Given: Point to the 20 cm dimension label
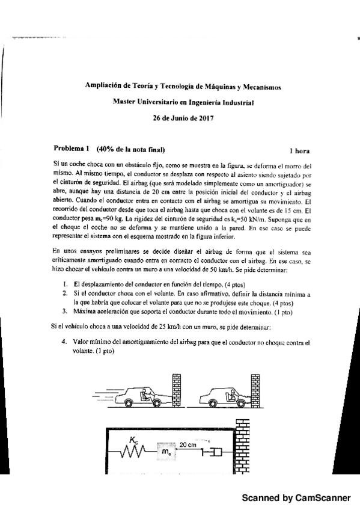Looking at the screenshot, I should [188, 444].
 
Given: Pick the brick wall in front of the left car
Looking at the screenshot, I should [176, 389].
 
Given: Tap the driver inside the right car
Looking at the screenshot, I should [231, 393].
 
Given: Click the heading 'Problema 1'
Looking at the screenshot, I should [71, 149].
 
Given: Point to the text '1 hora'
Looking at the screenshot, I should [299, 150].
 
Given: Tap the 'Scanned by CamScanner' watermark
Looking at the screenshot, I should [296, 498].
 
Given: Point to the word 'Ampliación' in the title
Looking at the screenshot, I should [105, 87].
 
